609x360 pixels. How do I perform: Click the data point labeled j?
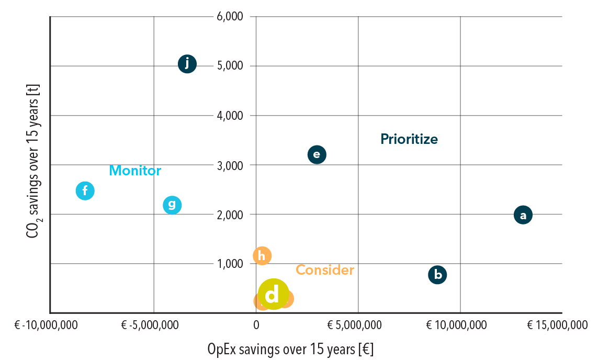pos(187,64)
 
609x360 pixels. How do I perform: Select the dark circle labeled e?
pos(317,154)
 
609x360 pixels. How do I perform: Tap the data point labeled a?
pos(523,215)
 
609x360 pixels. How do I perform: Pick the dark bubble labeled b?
pos(437,275)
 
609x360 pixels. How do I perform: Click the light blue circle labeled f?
pos(85,190)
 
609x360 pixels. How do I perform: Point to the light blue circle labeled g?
pos(172,205)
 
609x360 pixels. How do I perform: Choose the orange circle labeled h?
pos(262,255)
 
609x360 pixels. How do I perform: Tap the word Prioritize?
pos(409,139)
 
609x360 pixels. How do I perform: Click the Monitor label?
pos(135,171)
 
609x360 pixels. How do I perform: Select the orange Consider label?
pos(325,270)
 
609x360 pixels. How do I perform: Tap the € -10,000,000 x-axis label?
pos(47,325)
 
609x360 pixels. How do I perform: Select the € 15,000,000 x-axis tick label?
pos(557,325)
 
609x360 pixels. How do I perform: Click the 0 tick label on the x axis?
pos(256,325)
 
